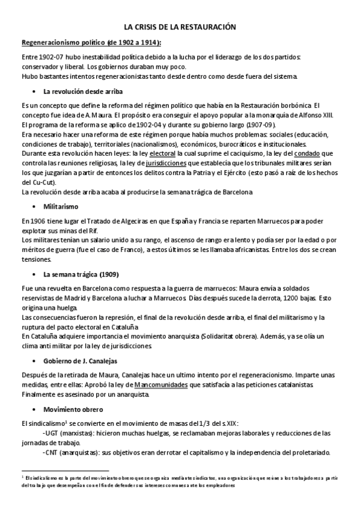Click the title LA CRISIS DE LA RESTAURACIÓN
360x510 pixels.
click(x=180, y=28)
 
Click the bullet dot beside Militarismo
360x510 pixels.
click(x=33, y=206)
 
